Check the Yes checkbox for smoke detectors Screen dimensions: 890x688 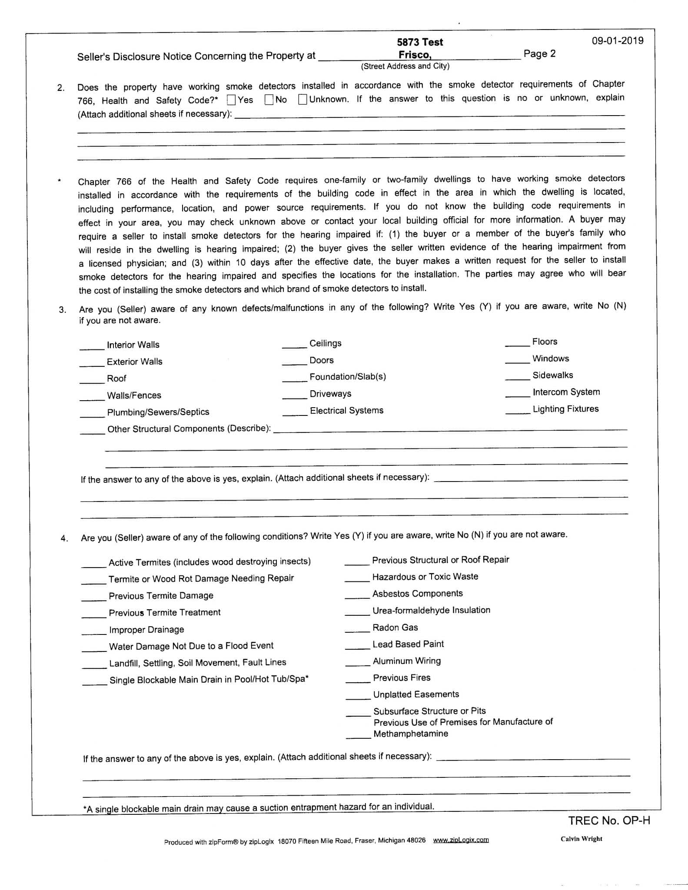232,100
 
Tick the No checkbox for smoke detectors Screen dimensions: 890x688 269,100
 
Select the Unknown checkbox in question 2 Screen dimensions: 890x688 303,100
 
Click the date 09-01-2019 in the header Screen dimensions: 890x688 617,41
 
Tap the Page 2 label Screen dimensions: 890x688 539,54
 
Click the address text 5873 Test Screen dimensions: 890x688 419,42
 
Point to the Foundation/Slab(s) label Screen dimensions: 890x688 348,377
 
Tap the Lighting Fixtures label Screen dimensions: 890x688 565,409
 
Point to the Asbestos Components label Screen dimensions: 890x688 417,594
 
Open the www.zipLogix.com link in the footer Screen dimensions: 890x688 461,840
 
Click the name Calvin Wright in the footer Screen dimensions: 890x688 581,839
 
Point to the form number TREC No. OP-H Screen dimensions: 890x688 609,820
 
